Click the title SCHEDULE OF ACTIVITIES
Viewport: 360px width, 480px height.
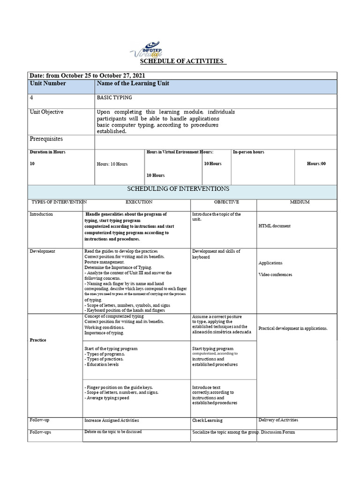(x=182, y=61)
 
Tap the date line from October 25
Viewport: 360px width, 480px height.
(x=87, y=75)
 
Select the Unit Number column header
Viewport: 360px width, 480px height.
(x=48, y=83)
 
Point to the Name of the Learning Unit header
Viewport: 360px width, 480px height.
(x=133, y=83)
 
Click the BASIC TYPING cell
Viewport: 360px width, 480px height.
(x=114, y=97)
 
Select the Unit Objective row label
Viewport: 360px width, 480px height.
(x=46, y=112)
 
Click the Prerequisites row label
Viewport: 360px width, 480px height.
(x=46, y=139)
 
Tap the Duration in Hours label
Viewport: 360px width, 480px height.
(x=47, y=152)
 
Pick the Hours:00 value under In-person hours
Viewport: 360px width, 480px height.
(x=316, y=164)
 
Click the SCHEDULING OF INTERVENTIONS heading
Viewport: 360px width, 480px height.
(x=179, y=189)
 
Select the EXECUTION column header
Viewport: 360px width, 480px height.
(x=139, y=202)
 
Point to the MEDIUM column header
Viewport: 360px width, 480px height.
(x=300, y=202)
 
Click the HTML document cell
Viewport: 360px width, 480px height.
(x=274, y=226)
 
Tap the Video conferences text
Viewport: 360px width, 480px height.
(x=275, y=275)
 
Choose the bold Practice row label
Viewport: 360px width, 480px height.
(x=38, y=340)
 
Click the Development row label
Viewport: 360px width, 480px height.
(x=42, y=251)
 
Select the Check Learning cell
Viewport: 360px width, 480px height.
(x=207, y=420)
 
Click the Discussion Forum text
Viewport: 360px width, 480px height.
(x=278, y=432)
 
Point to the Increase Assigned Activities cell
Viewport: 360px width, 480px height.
(x=112, y=420)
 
